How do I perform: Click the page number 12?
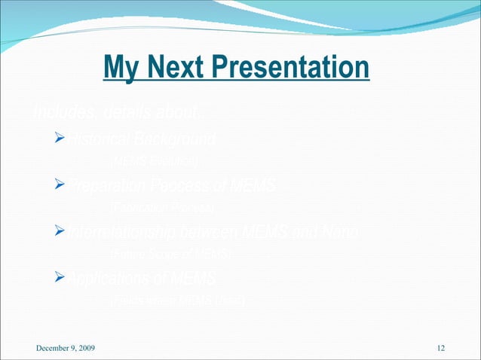(x=441, y=347)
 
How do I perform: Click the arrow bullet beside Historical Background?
(x=60, y=140)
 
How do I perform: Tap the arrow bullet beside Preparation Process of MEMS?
(x=60, y=187)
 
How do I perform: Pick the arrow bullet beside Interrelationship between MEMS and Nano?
(x=60, y=233)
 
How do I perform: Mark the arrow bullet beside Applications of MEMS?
(x=60, y=280)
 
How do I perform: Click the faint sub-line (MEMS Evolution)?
(x=155, y=161)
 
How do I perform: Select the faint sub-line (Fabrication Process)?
(x=162, y=207)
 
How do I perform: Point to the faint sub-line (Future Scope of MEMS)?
(x=170, y=254)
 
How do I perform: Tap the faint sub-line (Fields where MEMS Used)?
(x=178, y=301)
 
